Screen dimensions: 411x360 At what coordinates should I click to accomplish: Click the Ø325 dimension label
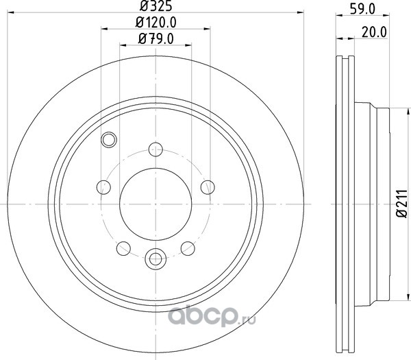155,5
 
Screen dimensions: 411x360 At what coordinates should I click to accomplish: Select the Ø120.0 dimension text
155,23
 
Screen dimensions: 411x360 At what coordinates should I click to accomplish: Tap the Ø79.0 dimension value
155,39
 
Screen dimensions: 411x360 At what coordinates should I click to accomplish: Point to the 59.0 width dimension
362,9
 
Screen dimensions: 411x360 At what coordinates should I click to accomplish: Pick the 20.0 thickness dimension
374,32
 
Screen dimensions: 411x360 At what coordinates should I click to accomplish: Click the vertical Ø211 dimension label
401,204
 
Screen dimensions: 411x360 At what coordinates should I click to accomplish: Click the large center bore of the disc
155,204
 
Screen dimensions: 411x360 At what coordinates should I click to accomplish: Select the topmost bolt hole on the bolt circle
155,149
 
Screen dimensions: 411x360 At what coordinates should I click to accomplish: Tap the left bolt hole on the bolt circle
103,187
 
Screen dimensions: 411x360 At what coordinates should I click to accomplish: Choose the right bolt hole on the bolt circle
208,187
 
